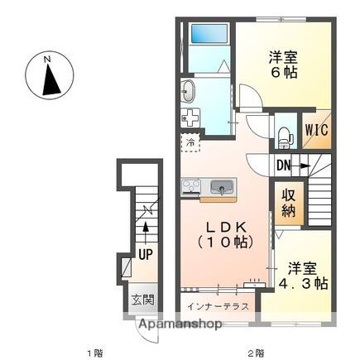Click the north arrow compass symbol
point(50,75)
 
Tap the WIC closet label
point(316,129)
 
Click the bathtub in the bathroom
point(210,33)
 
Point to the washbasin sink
point(189,91)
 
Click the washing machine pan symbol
point(190,118)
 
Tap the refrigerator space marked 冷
point(190,142)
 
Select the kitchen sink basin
point(222,187)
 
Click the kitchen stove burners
point(190,186)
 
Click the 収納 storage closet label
point(289,203)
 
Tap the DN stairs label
point(284,166)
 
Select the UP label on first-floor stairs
point(146,254)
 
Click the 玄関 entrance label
point(142,300)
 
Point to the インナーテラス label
point(218,306)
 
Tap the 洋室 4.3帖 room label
point(303,276)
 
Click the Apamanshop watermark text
point(180,324)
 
